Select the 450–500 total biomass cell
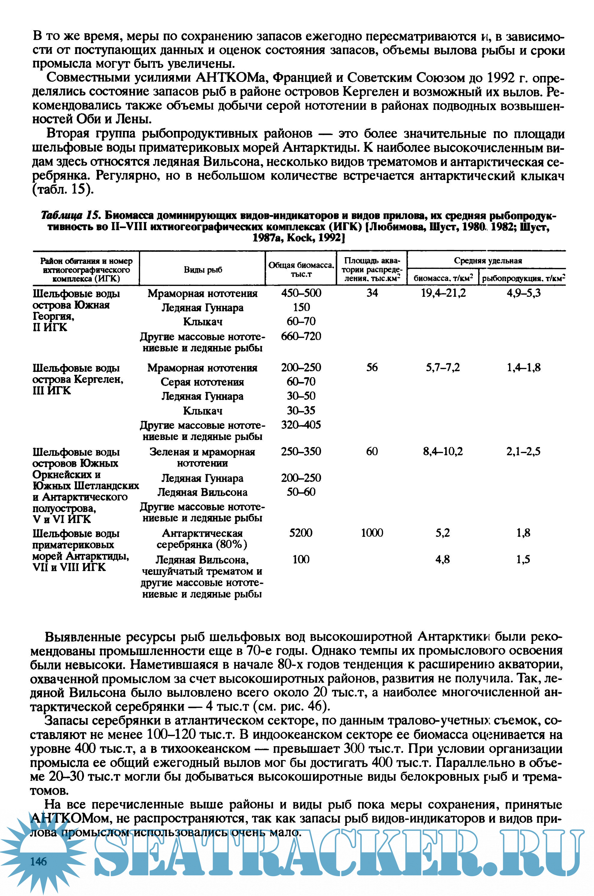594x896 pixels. pyautogui.click(x=301, y=293)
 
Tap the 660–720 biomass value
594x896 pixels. pyautogui.click(x=301, y=336)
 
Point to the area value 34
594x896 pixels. pyautogui.click(x=372, y=293)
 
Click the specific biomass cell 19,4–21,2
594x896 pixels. pyautogui.click(x=443, y=293)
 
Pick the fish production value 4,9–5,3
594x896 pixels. pyautogui.click(x=523, y=293)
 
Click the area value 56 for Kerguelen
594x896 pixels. pyautogui.click(x=372, y=368)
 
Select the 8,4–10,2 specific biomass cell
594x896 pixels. pyautogui.click(x=443, y=451)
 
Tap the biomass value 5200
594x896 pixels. pyautogui.click(x=301, y=533)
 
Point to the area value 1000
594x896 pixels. pyautogui.click(x=372, y=533)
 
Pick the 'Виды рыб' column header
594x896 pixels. pyautogui.click(x=203, y=270)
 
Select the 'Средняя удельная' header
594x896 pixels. pyautogui.click(x=488, y=261)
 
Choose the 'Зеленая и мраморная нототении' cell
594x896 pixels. pyautogui.click(x=202, y=457)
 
